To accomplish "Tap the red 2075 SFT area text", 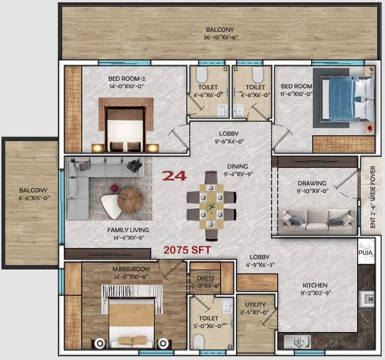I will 187,249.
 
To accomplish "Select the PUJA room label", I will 366,254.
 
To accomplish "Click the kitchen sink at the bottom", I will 297,342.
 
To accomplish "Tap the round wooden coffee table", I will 130,199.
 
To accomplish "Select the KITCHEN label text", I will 314,285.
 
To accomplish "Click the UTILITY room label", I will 256,305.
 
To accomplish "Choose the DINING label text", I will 238,167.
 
